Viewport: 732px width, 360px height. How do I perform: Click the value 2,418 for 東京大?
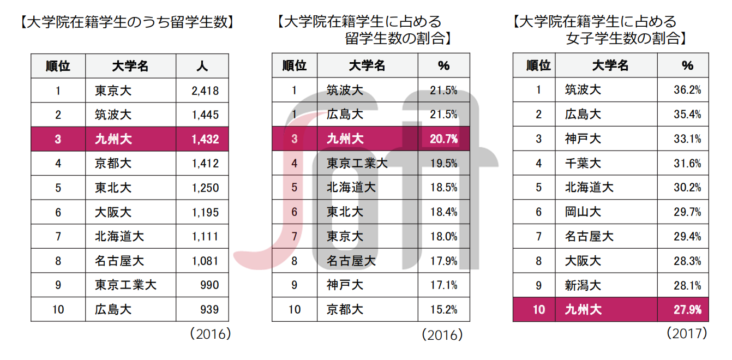click(205, 91)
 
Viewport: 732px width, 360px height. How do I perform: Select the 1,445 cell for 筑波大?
click(205, 115)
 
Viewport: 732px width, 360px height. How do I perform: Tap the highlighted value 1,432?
click(205, 139)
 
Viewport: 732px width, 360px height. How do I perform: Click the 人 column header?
click(202, 67)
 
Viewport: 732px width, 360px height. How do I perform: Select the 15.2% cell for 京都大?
click(443, 309)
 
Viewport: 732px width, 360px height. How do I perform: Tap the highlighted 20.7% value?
click(443, 139)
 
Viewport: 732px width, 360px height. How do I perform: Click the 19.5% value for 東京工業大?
click(443, 163)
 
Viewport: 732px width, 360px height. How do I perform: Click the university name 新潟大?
click(583, 285)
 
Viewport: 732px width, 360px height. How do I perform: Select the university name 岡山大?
click(583, 212)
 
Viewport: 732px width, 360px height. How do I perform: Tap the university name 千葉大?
click(583, 163)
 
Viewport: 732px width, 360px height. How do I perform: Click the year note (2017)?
click(686, 332)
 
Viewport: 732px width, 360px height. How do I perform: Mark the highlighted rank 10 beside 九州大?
click(538, 310)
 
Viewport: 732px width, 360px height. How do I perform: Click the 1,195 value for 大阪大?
click(205, 212)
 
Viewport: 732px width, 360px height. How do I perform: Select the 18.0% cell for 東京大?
click(443, 236)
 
